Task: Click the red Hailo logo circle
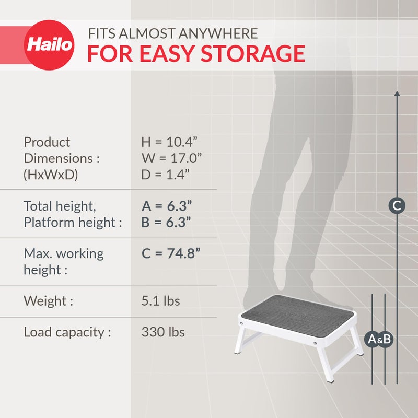pyautogui.click(x=50, y=45)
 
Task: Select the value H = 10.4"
pyautogui.click(x=169, y=142)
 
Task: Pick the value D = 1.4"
pyautogui.click(x=165, y=175)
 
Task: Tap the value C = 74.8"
pyautogui.click(x=171, y=254)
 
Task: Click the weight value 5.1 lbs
pyautogui.click(x=160, y=301)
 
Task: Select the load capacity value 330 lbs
pyautogui.click(x=163, y=332)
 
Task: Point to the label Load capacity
pyautogui.click(x=67, y=332)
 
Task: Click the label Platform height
pyautogui.click(x=73, y=223)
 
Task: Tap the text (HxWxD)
pyautogui.click(x=51, y=175)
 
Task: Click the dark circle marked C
pyautogui.click(x=397, y=206)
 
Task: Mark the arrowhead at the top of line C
pyautogui.click(x=397, y=94)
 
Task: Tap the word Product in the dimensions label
pyautogui.click(x=47, y=142)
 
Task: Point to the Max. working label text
pyautogui.click(x=64, y=254)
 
